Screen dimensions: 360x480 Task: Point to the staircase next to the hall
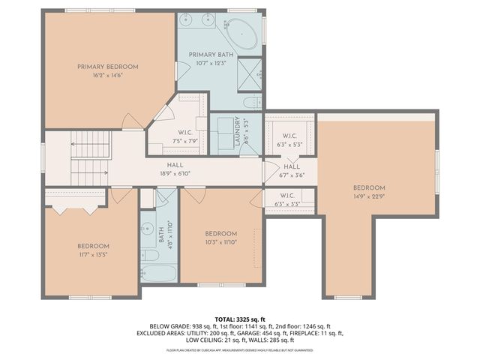(88, 157)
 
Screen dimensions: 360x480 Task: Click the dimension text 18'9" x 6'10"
(175, 173)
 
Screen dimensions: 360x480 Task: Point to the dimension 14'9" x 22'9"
(369, 197)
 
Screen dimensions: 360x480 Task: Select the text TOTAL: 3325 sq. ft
(240, 319)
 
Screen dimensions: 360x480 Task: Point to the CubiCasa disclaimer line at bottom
(240, 349)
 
